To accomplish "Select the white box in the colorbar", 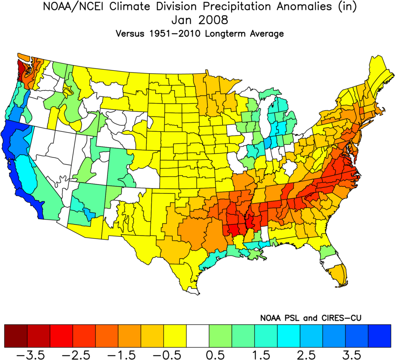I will [x=198, y=335].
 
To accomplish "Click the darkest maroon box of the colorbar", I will [x=16, y=335].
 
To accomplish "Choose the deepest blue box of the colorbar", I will [x=379, y=335].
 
